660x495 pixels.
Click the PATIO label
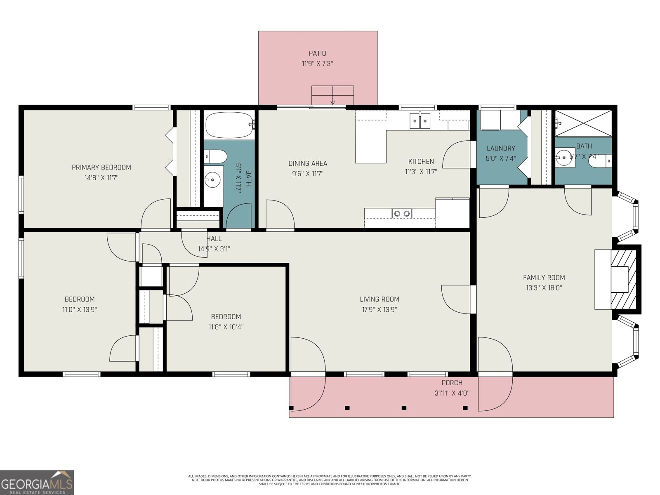(x=317, y=53)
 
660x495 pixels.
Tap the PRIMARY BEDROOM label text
(x=101, y=167)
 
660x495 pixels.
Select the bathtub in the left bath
(x=229, y=125)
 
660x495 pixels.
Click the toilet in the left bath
(x=216, y=156)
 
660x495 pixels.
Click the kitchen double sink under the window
(x=420, y=120)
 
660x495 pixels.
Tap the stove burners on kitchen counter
(x=401, y=213)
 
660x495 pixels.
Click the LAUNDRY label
(x=501, y=148)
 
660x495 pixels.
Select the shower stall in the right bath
(x=583, y=123)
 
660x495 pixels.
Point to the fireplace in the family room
(x=623, y=279)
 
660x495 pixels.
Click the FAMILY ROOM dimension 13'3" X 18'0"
(x=544, y=288)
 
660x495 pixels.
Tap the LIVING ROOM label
(x=379, y=299)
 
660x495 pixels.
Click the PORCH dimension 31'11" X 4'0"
(x=452, y=393)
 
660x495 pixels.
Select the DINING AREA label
(x=307, y=164)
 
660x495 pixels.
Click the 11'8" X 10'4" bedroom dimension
(x=226, y=327)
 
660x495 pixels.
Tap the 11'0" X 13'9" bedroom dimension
(x=80, y=310)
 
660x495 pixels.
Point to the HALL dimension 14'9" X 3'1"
(x=214, y=249)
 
